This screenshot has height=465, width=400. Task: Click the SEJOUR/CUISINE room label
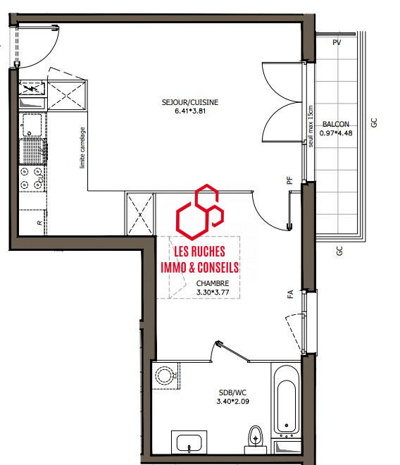tap(190, 102)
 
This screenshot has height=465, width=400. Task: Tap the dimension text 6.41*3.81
tap(190, 111)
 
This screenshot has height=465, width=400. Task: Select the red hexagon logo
tap(201, 211)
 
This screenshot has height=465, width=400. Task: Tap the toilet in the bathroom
tap(255, 437)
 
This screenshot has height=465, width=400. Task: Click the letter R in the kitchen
tap(39, 223)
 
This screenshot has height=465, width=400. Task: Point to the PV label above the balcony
tap(337, 42)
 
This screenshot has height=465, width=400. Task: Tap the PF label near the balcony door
tap(289, 180)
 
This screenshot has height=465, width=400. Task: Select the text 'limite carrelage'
tap(82, 147)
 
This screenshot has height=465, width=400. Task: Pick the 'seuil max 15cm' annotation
tap(309, 126)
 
